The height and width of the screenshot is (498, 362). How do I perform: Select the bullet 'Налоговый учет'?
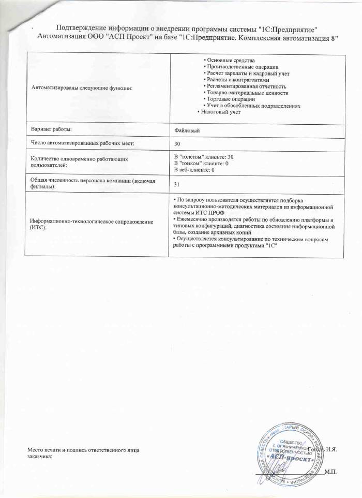click(221, 111)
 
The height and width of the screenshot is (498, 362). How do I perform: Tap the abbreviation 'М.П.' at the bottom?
click(329, 471)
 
